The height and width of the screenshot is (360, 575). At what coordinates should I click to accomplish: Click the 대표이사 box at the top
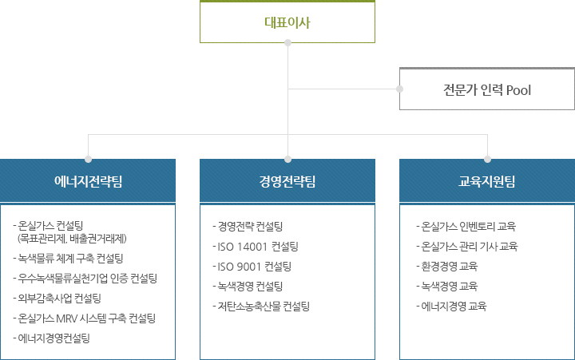287,22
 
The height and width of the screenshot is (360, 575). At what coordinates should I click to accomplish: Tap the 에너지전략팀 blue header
88,181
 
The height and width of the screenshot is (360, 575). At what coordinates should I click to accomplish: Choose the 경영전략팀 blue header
287,181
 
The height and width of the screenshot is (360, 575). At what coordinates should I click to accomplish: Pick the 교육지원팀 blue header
486,181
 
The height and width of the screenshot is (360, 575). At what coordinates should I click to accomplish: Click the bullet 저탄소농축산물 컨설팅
262,306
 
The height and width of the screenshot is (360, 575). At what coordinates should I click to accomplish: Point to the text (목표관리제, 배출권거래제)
77,238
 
